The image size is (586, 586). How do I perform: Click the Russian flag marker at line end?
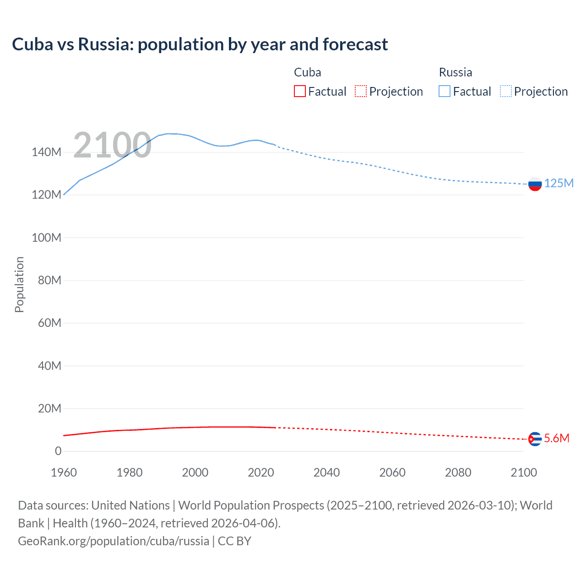point(535,184)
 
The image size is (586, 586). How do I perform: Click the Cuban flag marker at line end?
point(535,439)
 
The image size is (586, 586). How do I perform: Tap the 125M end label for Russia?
point(559,183)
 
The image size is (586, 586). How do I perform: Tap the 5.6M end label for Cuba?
point(557,438)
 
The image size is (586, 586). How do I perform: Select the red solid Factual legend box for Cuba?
point(300,91)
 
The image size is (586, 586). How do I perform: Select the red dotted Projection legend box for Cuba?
point(361,91)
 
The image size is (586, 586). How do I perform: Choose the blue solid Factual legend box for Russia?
point(445,91)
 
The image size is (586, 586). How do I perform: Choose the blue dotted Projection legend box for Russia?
point(506,91)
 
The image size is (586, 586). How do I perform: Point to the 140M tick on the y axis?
point(46,152)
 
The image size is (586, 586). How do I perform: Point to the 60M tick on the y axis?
point(49,323)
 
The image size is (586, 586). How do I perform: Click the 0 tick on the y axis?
point(58,451)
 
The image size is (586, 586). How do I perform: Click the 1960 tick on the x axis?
point(64,472)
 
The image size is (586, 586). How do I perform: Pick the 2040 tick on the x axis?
point(326,472)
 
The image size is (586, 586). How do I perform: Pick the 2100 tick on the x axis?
point(524,472)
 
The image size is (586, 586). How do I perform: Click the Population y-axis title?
point(19,284)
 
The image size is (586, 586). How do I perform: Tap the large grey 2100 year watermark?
point(112,145)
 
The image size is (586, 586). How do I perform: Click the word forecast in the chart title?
point(355,44)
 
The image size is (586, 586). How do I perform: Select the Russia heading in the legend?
point(455,72)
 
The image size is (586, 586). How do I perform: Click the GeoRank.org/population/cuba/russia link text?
point(114,541)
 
